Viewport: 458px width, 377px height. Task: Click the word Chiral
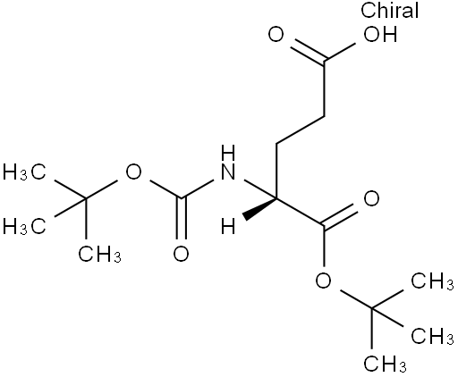389,10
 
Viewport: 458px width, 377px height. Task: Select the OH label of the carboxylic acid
380,35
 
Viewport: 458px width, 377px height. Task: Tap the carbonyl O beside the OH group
276,35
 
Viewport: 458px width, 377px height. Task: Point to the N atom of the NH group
228,172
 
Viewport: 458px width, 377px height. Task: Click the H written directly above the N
228,153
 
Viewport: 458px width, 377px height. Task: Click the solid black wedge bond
259,209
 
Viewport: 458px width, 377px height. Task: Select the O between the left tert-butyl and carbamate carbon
133,172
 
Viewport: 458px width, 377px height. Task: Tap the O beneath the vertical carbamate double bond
181,254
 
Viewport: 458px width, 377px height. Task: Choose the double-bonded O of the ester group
371,198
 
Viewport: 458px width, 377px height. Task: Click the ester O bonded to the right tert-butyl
324,281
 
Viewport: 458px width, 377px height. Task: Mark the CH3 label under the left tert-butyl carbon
99,254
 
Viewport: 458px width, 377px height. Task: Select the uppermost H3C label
24,172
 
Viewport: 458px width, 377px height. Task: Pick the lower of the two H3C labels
24,227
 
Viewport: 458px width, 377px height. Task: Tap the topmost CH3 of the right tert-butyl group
433,281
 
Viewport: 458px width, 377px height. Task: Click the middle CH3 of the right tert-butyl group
433,336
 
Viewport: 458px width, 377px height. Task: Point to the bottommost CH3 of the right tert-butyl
385,364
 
